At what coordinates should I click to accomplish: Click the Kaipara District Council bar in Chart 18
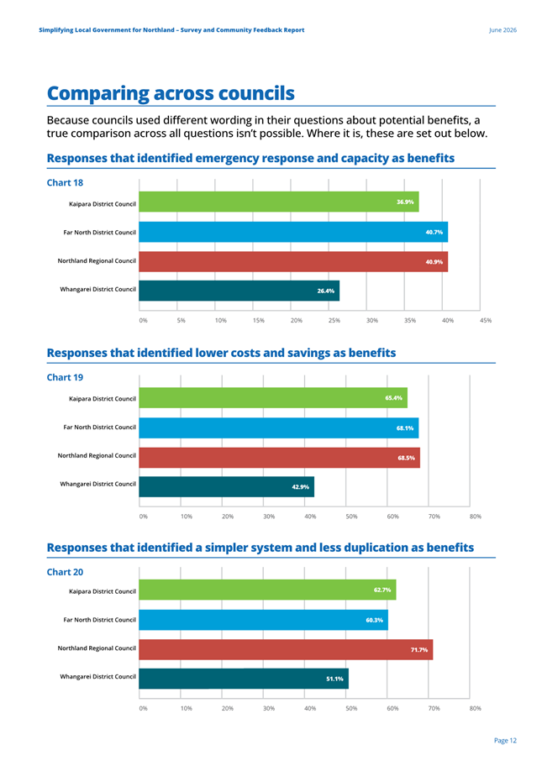279,202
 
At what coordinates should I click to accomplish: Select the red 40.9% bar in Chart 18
293,262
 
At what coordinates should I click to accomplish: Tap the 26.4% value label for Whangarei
325,291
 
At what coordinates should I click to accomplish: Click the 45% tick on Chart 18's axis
486,321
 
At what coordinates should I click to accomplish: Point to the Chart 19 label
65,377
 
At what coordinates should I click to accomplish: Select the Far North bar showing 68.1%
279,428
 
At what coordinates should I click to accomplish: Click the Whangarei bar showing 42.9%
226,486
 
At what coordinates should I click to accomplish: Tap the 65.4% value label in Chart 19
393,398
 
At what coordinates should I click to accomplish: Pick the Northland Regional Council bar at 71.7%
286,650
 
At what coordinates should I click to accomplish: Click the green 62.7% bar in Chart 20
267,590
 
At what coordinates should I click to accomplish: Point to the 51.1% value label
334,679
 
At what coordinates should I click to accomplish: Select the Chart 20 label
65,572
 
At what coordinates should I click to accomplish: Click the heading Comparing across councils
171,93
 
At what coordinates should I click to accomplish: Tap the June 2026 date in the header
503,29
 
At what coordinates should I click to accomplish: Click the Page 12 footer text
505,741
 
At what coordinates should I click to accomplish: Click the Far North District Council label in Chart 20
100,620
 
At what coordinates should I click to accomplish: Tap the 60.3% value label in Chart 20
375,621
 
